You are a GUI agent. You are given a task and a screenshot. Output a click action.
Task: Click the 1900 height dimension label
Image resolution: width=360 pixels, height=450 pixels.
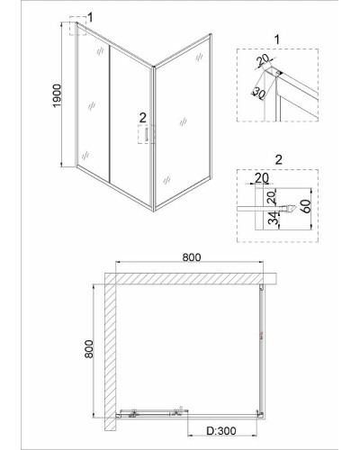[x=57, y=95]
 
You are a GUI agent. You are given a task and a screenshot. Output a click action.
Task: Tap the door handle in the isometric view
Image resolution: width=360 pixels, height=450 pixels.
[x=147, y=134]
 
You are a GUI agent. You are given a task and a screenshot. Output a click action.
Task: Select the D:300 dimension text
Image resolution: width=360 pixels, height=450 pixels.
[x=221, y=431]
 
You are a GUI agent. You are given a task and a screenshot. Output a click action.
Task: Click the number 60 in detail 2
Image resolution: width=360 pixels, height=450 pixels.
[x=306, y=205]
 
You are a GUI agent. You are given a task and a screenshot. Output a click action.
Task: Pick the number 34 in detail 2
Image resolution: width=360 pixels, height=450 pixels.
[x=273, y=218]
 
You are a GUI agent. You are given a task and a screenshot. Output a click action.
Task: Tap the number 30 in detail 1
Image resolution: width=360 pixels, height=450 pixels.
[x=258, y=94]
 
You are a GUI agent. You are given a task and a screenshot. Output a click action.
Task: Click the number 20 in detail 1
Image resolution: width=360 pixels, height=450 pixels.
[x=264, y=61]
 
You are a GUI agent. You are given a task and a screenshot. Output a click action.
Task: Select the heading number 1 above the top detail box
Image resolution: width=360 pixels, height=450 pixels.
[x=277, y=40]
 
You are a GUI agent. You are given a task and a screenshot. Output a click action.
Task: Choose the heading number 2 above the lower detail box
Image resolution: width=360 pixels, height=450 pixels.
[x=279, y=160]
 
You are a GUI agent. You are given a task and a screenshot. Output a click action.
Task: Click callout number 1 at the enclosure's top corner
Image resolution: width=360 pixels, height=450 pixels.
[x=90, y=17]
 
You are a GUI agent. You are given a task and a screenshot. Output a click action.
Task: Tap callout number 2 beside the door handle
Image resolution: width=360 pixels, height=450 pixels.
[x=142, y=118]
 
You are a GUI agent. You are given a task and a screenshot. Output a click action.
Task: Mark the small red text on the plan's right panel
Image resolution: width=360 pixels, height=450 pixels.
[x=261, y=336]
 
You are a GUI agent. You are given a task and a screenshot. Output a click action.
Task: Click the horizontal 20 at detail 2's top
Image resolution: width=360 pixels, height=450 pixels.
[x=262, y=178]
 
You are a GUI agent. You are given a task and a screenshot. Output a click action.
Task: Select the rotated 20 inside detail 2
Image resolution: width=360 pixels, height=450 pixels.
[x=271, y=198]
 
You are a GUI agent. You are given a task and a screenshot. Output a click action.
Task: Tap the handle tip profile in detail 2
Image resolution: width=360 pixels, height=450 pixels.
[x=289, y=208]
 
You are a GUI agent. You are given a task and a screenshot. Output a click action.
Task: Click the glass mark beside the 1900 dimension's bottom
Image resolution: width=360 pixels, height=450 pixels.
[x=85, y=155]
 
